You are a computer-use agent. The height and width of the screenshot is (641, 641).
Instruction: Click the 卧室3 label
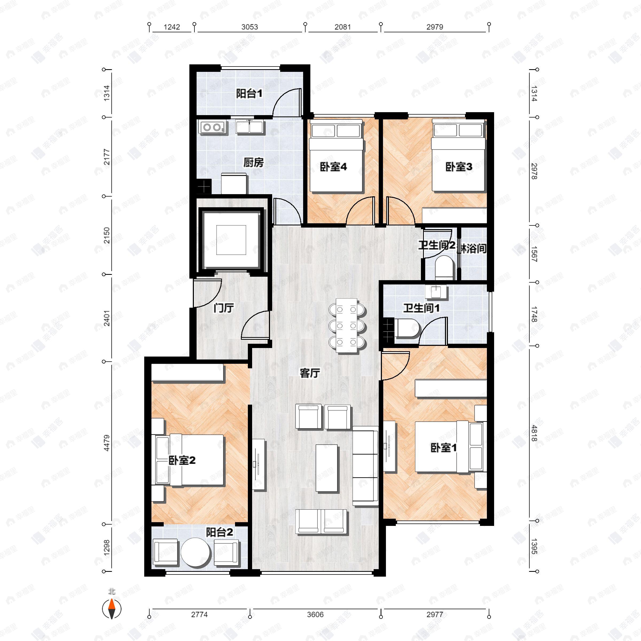(459, 167)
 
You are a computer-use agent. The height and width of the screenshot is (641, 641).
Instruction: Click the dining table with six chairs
(347, 325)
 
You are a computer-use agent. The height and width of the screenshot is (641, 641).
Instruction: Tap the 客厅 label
(310, 373)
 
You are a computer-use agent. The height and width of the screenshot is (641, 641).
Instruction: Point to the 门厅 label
(223, 308)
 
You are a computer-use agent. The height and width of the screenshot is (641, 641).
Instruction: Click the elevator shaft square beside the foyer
(231, 240)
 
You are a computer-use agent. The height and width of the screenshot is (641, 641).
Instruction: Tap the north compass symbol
(112, 608)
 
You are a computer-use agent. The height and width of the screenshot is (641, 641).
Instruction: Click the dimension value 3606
(315, 615)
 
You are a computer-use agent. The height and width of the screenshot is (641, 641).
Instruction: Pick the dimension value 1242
(171, 27)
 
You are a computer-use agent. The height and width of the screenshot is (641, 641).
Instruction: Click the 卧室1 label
(443, 448)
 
